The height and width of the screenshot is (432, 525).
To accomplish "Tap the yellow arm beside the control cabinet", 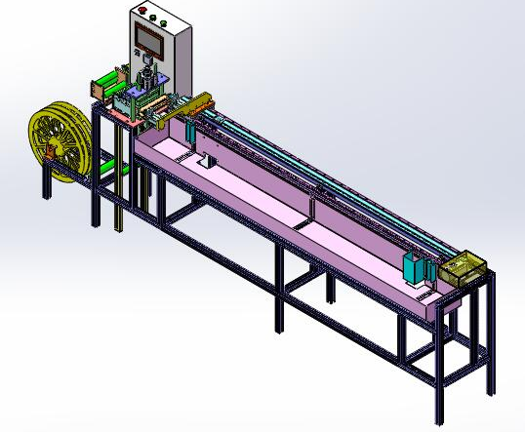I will click(193, 101).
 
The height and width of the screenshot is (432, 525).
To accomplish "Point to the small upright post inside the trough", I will click(207, 160).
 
